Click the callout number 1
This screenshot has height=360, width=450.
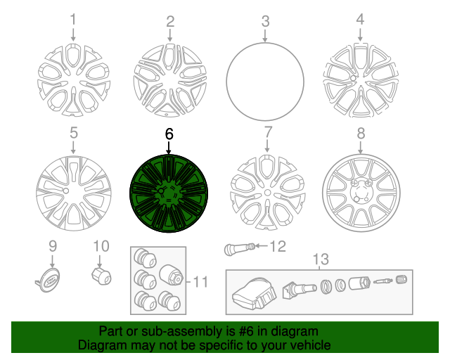click(x=73, y=22)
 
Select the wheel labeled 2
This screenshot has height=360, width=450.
click(x=166, y=79)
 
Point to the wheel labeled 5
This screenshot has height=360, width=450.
click(x=73, y=190)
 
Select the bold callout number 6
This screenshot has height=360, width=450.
click(x=169, y=133)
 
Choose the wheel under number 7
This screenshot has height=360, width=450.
click(x=266, y=193)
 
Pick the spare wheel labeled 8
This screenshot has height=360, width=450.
click(x=360, y=191)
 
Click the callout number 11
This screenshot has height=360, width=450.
click(x=200, y=282)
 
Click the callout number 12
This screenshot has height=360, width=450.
click(x=278, y=246)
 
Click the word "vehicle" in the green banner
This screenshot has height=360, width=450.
click(x=309, y=345)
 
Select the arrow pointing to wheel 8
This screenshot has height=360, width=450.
click(x=360, y=146)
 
